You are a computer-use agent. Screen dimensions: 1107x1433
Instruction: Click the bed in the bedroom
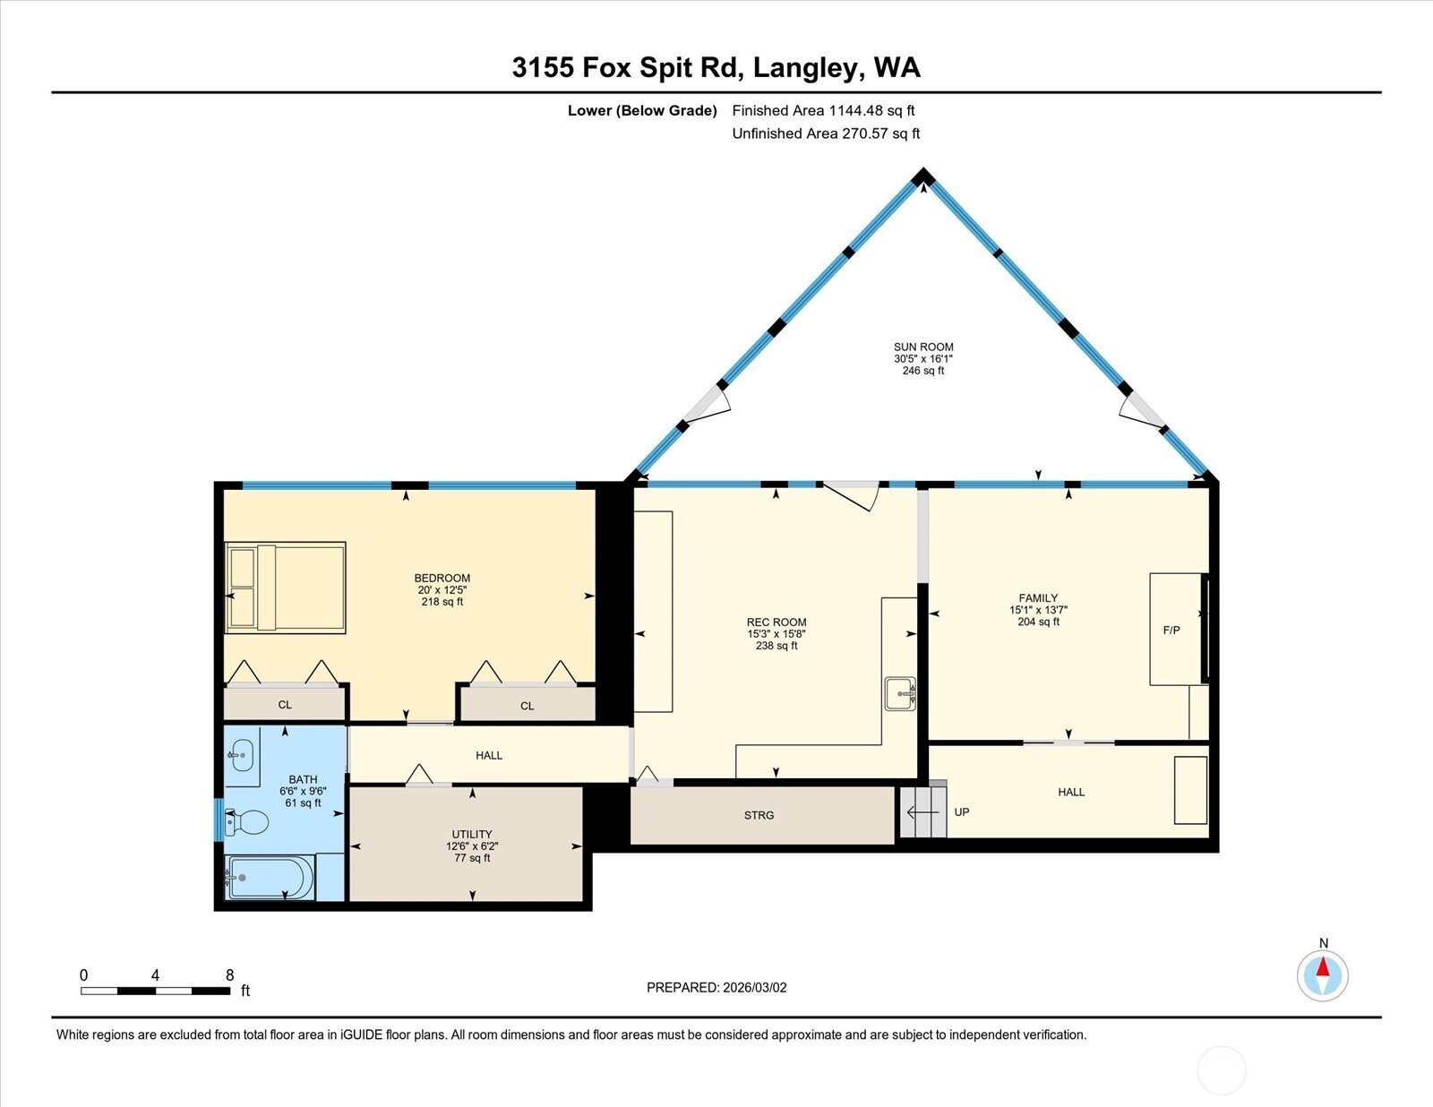[286, 588]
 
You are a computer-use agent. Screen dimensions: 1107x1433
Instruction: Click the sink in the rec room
[900, 693]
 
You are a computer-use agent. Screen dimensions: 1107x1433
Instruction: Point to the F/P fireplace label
[1171, 630]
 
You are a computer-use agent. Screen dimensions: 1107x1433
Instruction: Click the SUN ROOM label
[923, 347]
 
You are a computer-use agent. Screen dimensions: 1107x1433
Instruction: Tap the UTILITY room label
[472, 834]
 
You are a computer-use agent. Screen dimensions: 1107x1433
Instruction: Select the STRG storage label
[759, 815]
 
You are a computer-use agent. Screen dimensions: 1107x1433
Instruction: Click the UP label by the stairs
[962, 812]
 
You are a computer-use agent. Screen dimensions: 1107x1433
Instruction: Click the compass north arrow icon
[1323, 974]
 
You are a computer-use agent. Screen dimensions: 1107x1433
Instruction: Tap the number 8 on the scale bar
[230, 975]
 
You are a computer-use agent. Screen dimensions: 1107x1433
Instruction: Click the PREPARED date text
[716, 988]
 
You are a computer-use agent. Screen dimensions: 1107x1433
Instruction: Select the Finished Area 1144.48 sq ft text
[823, 111]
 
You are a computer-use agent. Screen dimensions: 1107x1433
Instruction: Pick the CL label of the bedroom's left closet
[285, 705]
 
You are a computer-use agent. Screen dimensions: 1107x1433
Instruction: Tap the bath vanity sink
[239, 756]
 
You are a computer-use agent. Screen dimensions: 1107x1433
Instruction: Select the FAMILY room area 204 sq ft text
[1038, 622]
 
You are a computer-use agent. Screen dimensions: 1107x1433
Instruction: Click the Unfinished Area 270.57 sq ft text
[826, 133]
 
